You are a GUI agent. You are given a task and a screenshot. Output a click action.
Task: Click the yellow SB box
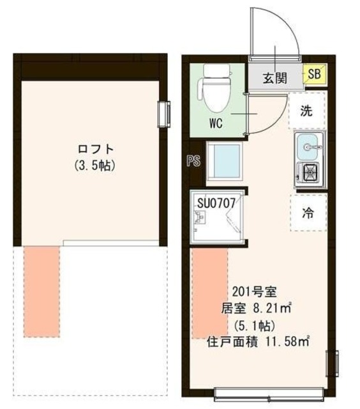[x=314, y=74]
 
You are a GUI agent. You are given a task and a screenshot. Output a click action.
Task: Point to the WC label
[x=214, y=124]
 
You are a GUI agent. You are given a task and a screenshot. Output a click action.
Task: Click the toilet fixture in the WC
[x=211, y=87]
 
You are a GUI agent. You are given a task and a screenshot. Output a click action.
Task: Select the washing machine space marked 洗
[x=307, y=111]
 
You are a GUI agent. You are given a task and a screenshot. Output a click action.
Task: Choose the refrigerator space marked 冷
[x=308, y=213]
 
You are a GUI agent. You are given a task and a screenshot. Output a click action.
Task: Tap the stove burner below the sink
[x=310, y=171]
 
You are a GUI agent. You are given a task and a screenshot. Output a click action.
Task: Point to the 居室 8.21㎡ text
[x=257, y=309]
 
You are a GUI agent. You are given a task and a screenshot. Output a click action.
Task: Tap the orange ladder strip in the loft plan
[x=42, y=291]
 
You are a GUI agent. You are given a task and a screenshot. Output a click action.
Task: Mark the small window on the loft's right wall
[x=165, y=114]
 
